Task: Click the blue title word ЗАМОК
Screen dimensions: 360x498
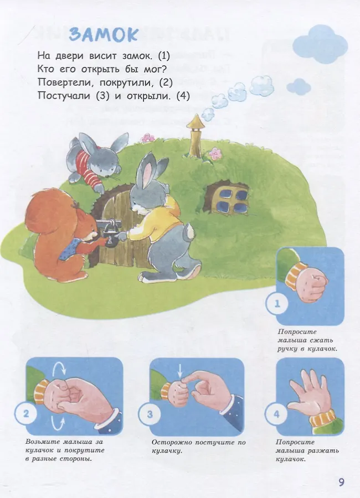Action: (x=104, y=34)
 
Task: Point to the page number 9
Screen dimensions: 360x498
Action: (x=341, y=482)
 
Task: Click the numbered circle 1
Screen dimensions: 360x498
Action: (x=277, y=304)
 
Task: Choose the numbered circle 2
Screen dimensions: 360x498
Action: (x=26, y=414)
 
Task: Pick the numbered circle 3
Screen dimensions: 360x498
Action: (x=150, y=414)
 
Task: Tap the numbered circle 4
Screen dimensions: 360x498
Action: (x=277, y=414)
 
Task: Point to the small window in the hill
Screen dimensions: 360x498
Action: (x=231, y=198)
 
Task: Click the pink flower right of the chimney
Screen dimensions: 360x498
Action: (x=215, y=153)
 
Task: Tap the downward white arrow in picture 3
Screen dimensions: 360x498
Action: (x=181, y=370)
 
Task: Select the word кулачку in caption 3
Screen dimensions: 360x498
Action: (x=166, y=451)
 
